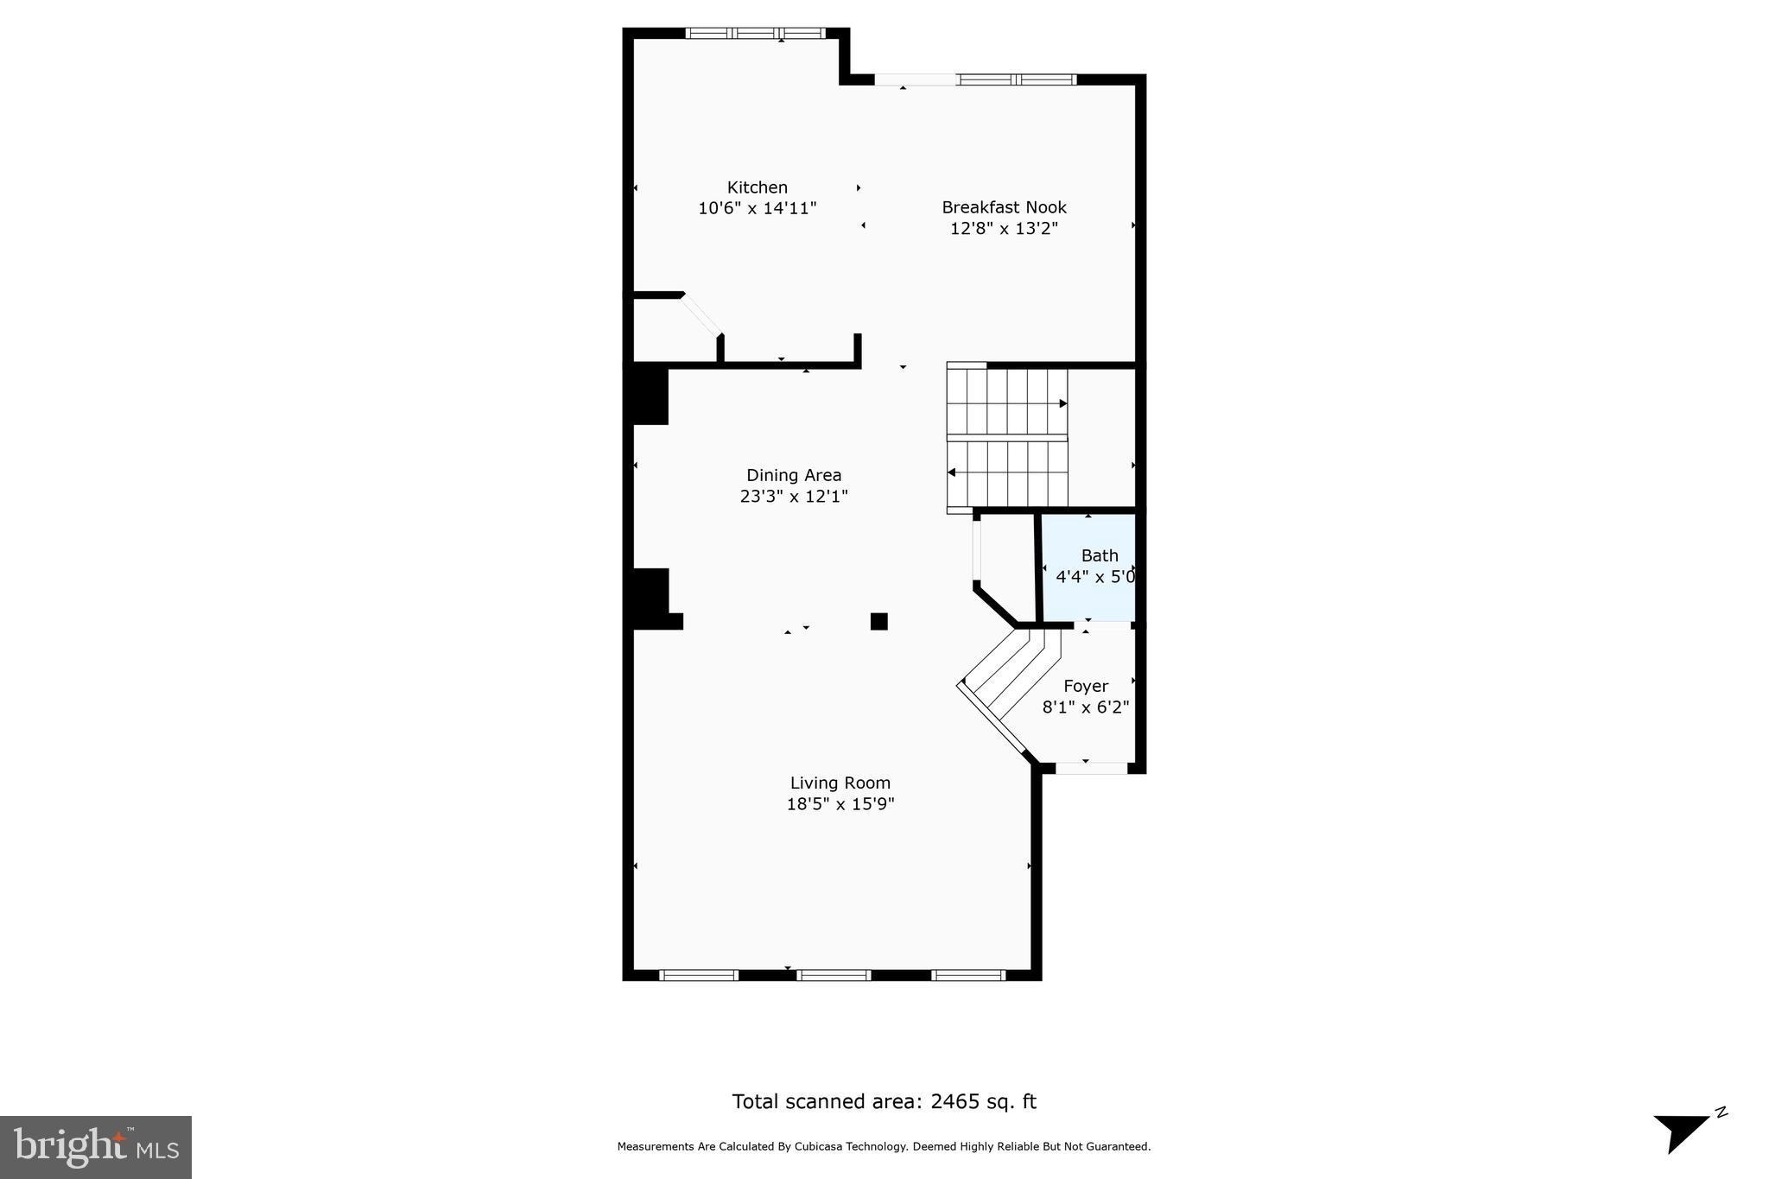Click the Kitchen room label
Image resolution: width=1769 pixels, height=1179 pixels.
tap(757, 187)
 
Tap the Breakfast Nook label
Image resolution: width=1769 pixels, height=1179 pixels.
tap(1004, 207)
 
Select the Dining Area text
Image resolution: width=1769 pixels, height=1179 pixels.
tap(794, 475)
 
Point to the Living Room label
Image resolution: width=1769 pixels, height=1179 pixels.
tap(840, 783)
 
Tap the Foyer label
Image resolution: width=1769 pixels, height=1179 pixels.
tap(1086, 687)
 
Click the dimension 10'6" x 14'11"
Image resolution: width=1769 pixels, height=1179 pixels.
tap(757, 208)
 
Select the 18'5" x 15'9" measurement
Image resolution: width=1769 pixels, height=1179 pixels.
tap(840, 804)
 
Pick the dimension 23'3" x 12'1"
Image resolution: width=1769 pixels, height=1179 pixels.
tap(794, 497)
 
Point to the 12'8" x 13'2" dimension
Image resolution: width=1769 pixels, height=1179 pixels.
tap(1004, 229)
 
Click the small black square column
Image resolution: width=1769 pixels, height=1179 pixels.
tap(878, 621)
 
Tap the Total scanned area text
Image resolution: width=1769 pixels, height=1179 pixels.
tap(884, 1101)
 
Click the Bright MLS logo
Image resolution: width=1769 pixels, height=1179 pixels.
tap(96, 1147)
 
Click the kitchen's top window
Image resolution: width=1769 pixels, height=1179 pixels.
tap(755, 34)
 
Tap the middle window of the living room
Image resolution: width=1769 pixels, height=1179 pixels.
tap(833, 975)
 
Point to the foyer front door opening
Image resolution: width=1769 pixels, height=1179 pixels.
tap(1091, 767)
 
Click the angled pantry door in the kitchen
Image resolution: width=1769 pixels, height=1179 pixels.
tap(702, 314)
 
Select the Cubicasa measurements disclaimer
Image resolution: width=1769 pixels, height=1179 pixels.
tap(884, 1147)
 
